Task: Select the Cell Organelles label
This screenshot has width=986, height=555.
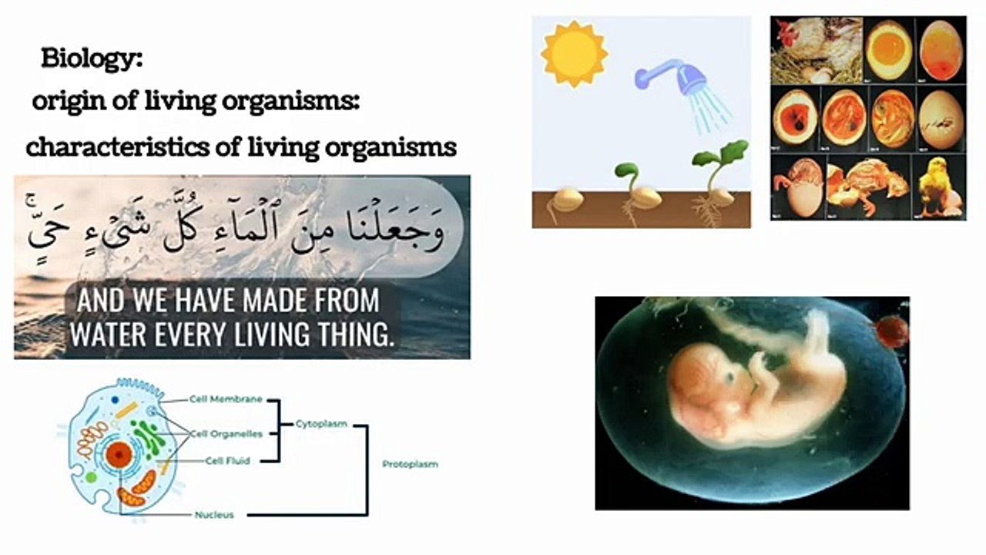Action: coord(226,434)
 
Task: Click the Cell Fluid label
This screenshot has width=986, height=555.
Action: coord(228,461)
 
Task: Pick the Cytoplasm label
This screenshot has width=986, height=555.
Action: coord(321,424)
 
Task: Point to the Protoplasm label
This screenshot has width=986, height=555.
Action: coord(410,464)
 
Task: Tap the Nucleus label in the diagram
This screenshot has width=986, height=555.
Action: coord(214,514)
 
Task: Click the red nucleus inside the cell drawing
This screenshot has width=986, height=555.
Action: coord(118,456)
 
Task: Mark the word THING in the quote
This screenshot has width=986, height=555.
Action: coord(354,334)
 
